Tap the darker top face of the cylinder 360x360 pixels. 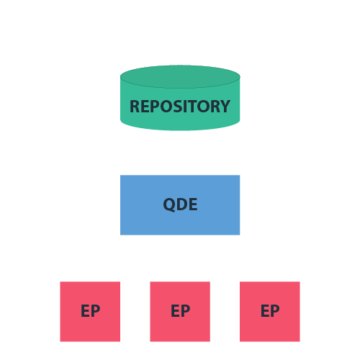point(180,76)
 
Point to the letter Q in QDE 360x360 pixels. point(169,204)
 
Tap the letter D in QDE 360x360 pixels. point(181,204)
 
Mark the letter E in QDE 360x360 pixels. point(192,204)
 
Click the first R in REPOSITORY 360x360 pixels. point(135,107)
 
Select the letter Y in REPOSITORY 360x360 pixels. point(225,107)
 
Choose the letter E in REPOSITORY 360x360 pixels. point(145,107)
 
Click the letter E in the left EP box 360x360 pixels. point(85,311)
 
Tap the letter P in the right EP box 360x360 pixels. point(275,311)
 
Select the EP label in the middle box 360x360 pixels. point(180,311)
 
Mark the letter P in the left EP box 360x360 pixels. point(95,311)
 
